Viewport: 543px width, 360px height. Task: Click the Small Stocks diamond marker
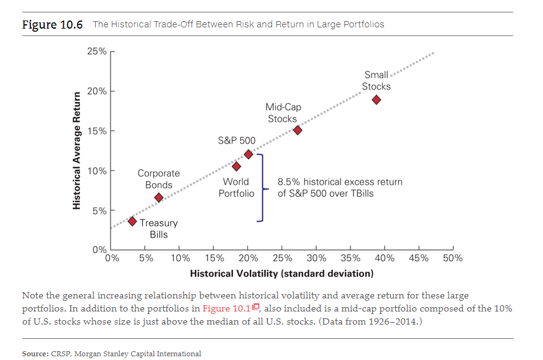tap(376, 100)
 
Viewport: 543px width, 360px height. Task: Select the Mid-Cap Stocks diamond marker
tap(298, 130)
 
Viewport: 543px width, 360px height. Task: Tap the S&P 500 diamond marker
tap(249, 154)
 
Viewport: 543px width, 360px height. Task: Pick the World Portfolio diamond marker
tap(236, 166)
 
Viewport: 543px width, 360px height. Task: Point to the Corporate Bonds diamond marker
tap(158, 197)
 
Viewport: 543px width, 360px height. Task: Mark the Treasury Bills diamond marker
tap(132, 221)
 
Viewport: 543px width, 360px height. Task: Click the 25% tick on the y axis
tap(112, 52)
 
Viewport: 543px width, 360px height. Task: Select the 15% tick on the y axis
tap(112, 131)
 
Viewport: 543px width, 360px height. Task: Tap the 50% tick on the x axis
tap(453, 250)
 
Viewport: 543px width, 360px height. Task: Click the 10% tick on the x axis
tap(180, 250)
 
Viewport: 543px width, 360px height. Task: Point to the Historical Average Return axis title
tap(77, 150)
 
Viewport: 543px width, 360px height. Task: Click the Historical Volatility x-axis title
tap(281, 274)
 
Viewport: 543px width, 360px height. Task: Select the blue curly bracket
tap(262, 187)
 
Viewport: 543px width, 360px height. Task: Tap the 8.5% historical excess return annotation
tap(340, 187)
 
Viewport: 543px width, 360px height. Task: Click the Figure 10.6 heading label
tap(53, 24)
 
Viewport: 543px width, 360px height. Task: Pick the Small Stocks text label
tap(376, 80)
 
